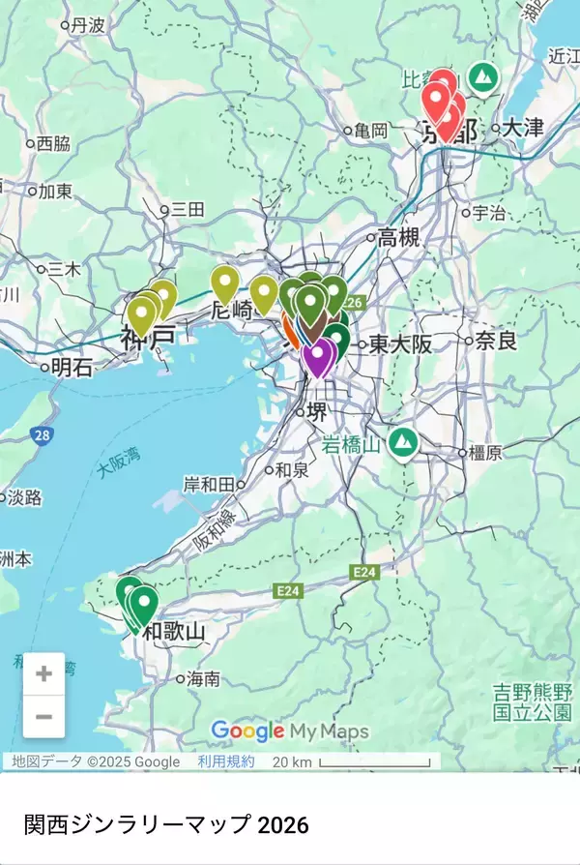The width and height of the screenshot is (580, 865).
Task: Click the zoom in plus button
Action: (x=43, y=674)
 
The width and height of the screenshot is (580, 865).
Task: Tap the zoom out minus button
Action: (x=43, y=717)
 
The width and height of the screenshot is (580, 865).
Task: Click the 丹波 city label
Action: (x=87, y=26)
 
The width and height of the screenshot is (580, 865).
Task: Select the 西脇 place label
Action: (x=53, y=144)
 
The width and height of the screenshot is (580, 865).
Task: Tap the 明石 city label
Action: (x=72, y=367)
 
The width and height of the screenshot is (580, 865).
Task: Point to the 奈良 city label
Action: (x=497, y=341)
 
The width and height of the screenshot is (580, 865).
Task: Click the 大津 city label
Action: (x=524, y=127)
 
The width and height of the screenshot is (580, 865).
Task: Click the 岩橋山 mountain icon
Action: (x=402, y=444)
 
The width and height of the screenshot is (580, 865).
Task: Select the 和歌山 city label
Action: (x=174, y=633)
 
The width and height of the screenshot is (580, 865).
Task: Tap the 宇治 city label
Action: (x=490, y=212)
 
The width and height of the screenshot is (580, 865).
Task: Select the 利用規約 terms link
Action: (x=226, y=761)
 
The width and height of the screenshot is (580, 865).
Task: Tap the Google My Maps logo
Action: (x=289, y=731)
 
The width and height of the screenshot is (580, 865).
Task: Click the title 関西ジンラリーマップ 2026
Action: (x=166, y=824)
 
